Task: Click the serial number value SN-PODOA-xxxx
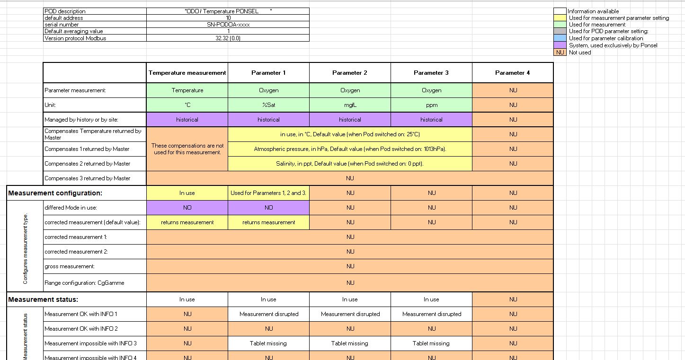[228, 25]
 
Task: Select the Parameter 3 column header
[431, 73]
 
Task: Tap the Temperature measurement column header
[187, 73]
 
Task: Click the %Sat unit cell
[268, 105]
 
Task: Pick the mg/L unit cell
[350, 105]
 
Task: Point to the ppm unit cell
[431, 105]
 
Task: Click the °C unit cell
[187, 105]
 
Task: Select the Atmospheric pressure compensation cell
[350, 149]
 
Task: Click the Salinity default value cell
[350, 164]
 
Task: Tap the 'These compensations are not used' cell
[187, 149]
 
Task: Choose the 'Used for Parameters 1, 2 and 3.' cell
[268, 193]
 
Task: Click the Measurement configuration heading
[55, 193]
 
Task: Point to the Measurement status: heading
[43, 299]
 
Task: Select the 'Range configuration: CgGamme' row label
[84, 283]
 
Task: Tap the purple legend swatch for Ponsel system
[560, 45]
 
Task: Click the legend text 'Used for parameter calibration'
[606, 38]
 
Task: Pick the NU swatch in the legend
[560, 53]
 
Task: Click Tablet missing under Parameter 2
[350, 343]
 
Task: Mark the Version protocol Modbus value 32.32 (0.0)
[228, 38]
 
